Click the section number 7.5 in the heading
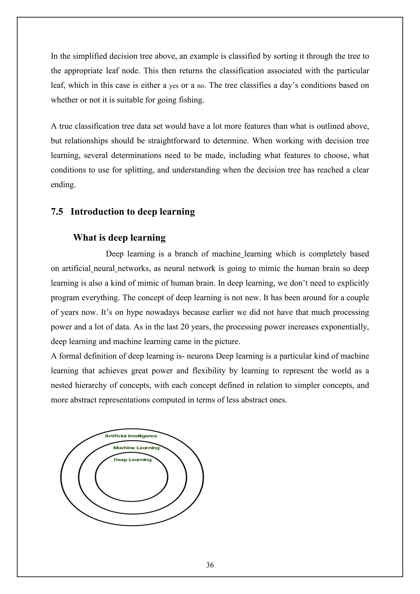57,212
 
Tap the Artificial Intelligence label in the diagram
131,436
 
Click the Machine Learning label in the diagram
136,448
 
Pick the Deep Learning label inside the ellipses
132,460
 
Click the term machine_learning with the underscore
242,254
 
